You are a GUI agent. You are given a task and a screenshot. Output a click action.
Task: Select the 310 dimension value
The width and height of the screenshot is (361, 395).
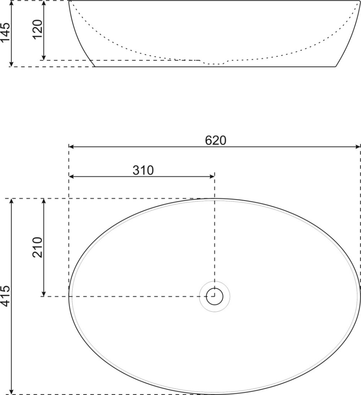143,170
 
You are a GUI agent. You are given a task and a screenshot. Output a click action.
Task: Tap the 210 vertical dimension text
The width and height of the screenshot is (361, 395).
37,247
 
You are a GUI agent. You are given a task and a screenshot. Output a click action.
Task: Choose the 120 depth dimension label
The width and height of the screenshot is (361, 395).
38,29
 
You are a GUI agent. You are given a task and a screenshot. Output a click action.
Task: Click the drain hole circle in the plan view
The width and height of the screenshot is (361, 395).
215,296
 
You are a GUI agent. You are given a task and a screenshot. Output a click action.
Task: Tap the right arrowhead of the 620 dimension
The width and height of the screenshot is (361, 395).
358,147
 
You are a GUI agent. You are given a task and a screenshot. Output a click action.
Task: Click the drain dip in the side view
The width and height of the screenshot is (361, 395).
214,63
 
